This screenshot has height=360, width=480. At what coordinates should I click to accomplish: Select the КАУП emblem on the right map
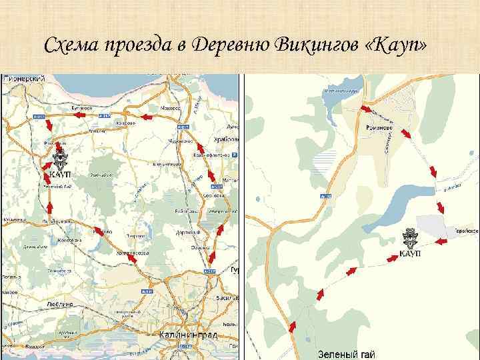click(x=412, y=243)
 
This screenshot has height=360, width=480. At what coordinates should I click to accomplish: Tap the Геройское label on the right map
click(x=467, y=230)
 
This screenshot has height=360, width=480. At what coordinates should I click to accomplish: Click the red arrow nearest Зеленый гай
click(x=291, y=326)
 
